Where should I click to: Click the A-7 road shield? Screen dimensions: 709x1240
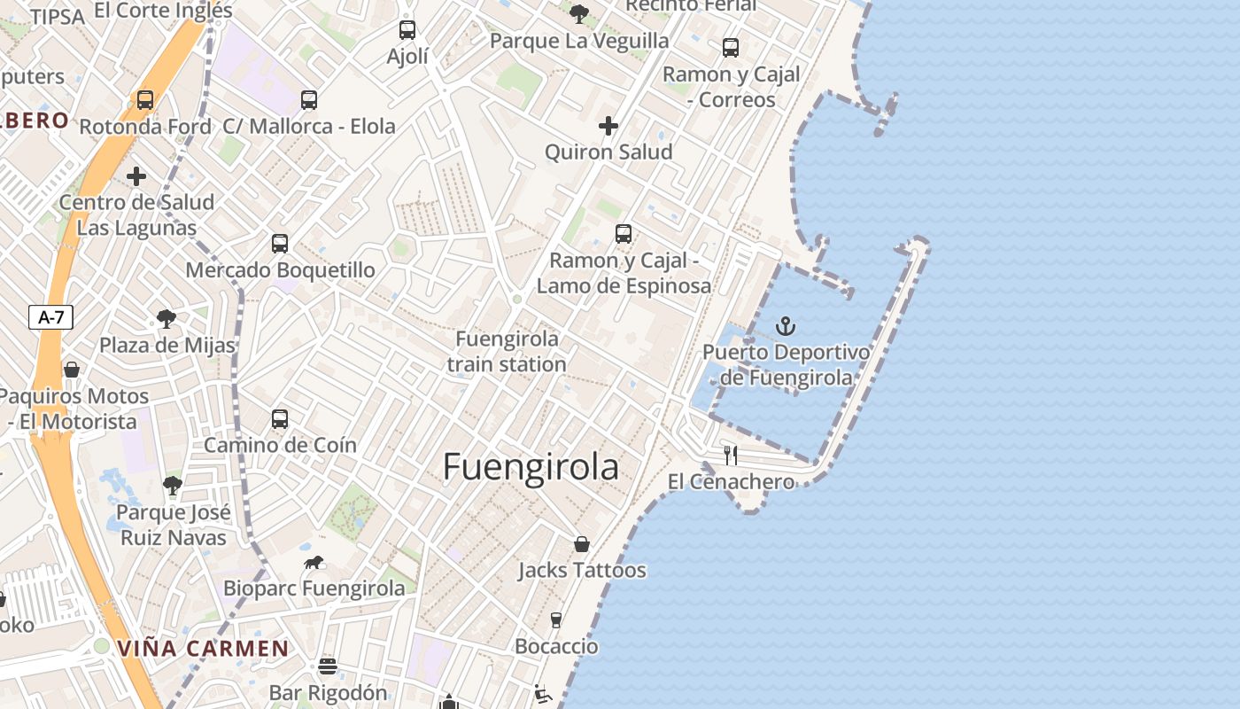[50, 317]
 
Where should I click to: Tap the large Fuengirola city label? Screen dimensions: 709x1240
[531, 467]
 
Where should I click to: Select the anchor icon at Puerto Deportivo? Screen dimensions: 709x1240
[786, 326]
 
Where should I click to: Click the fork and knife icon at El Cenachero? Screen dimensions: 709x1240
[731, 456]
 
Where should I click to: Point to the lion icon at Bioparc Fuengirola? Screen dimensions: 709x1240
[314, 562]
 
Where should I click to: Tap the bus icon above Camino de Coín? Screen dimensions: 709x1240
[280, 419]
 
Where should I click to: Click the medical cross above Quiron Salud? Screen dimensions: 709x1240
[608, 126]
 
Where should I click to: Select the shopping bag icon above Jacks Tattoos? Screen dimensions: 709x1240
[582, 543]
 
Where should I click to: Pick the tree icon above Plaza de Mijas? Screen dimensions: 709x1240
[166, 319]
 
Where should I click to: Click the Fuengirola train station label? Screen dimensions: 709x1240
[507, 351]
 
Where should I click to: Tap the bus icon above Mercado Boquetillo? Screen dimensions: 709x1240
[280, 243]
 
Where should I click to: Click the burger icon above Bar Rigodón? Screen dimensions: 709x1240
[328, 666]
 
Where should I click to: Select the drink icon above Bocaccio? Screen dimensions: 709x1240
[556, 619]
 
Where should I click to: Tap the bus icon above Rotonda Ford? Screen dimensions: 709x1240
[145, 100]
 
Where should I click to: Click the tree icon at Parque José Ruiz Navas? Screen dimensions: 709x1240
[173, 486]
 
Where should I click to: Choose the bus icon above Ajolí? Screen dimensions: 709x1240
[407, 30]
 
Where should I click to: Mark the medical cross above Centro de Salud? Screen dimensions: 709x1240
[136, 176]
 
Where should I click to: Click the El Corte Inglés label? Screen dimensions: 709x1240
[162, 11]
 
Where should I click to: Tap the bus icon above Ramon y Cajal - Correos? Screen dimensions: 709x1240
[731, 48]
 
